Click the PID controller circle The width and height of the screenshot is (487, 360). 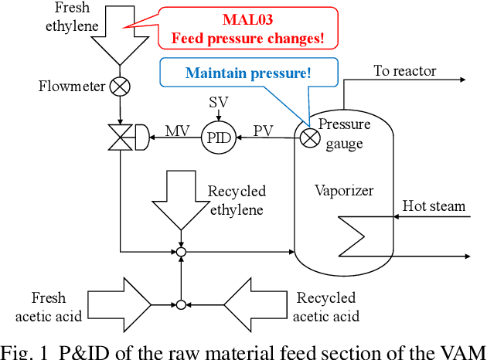(x=219, y=139)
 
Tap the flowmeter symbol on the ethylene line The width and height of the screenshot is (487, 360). (x=120, y=87)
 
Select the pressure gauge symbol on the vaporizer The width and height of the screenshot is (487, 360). (x=308, y=138)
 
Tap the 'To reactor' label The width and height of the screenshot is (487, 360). (x=405, y=71)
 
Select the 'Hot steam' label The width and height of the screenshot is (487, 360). (x=434, y=205)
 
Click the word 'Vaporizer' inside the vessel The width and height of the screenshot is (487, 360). (x=343, y=190)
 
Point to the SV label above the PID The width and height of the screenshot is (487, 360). (x=219, y=102)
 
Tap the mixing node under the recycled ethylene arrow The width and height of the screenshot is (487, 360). (x=181, y=251)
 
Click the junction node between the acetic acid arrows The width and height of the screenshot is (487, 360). (x=181, y=304)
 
